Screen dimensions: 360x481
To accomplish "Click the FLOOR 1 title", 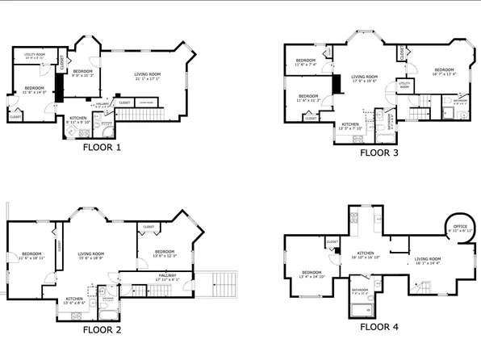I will [x=101, y=148].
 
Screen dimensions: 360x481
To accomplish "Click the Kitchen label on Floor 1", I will [x=78, y=118].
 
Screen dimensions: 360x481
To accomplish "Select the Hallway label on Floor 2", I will [x=165, y=277].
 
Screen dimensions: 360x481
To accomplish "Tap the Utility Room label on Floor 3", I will [x=404, y=84].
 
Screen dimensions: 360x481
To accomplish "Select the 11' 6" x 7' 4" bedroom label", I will [x=305, y=62].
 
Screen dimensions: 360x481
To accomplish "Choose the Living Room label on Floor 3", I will [x=365, y=78].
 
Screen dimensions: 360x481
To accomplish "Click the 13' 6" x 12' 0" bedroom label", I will [x=165, y=252].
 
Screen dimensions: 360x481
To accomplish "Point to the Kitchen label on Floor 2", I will [x=74, y=299].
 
